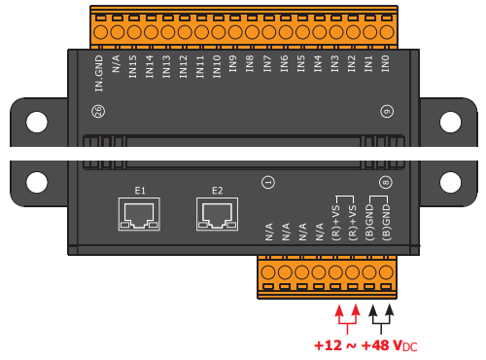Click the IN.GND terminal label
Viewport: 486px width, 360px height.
click(99, 73)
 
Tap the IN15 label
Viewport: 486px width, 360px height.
click(133, 66)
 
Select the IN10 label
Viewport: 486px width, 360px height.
click(217, 66)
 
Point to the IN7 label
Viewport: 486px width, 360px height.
click(267, 63)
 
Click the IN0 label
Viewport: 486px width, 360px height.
click(385, 63)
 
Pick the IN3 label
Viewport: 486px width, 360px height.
click(334, 63)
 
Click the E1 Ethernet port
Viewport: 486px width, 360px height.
click(139, 214)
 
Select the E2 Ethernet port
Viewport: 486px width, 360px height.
click(217, 214)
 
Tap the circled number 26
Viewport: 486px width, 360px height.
click(98, 112)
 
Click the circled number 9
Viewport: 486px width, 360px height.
click(387, 112)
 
